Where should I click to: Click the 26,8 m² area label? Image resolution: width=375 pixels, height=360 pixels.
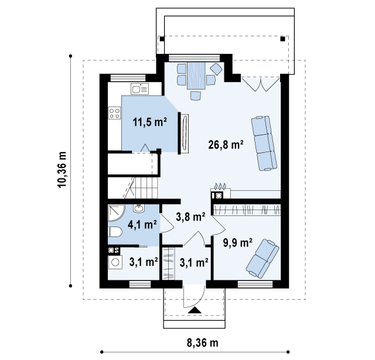tap(226, 145)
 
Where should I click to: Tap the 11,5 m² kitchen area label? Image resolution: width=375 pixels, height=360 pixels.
tap(150, 122)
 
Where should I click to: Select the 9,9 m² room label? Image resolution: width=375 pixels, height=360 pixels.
tap(237, 243)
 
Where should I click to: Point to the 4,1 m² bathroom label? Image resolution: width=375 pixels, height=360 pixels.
tap(142, 225)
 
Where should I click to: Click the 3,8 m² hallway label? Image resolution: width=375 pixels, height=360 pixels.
tap(190, 217)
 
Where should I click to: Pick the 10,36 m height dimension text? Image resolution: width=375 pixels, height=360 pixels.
tap(62, 170)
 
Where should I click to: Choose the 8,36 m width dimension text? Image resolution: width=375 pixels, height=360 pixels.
tap(202, 343)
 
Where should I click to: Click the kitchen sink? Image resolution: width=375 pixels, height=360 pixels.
tap(139, 89)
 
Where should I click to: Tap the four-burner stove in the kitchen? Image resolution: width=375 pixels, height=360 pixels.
tap(114, 113)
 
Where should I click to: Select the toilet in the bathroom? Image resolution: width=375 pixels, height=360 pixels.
tap(115, 232)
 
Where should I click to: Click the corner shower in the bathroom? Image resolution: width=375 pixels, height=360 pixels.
tap(116, 213)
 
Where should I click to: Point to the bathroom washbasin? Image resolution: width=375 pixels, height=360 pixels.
tap(139, 208)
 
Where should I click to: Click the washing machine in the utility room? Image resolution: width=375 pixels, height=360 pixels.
tap(115, 262)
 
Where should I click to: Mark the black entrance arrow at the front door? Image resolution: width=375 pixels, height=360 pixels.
tap(195, 310)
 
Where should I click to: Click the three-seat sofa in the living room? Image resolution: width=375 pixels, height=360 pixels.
tap(264, 143)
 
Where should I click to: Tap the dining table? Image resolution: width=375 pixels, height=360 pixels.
tap(196, 76)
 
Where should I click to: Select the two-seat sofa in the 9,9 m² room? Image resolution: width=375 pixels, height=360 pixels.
tap(262, 259)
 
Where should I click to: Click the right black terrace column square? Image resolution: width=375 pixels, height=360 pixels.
tap(282, 39)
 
